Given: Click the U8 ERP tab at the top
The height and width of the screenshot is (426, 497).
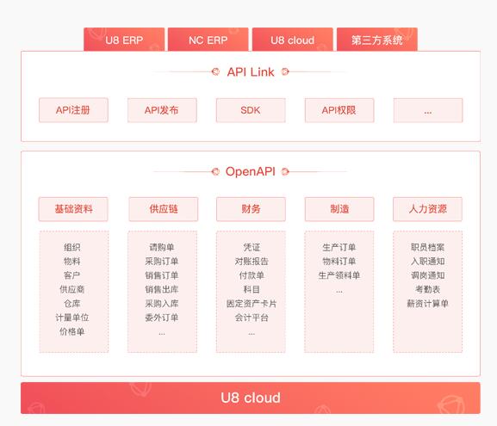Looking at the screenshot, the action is (x=124, y=40).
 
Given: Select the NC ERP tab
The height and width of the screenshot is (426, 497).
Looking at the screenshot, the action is (x=208, y=40).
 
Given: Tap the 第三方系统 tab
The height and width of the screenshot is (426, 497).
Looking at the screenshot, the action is (x=377, y=40).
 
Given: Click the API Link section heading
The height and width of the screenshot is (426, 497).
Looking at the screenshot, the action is (x=251, y=72).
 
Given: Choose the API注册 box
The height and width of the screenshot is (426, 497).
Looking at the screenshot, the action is (x=73, y=110).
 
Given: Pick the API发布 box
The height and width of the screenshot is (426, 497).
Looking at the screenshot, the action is (x=162, y=110).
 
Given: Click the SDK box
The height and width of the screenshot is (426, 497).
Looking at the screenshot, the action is (x=251, y=110).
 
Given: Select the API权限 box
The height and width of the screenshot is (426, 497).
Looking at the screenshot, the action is (x=339, y=110).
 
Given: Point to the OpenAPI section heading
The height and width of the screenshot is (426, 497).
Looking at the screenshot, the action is (x=251, y=171).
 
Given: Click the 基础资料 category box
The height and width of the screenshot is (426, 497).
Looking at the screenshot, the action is (x=73, y=209).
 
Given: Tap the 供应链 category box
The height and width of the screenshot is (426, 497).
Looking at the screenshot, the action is (x=164, y=209).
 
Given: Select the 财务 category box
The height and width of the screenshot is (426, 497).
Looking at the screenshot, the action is (x=251, y=209).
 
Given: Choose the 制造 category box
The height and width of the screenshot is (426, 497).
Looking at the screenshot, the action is (x=339, y=209).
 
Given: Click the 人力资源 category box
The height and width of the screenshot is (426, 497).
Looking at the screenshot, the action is (x=427, y=209).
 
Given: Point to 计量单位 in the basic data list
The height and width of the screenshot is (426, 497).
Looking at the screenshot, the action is (x=72, y=318).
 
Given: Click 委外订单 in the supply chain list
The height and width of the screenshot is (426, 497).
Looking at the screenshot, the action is (x=162, y=318).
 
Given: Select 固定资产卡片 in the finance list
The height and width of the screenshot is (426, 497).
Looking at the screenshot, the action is (x=252, y=304).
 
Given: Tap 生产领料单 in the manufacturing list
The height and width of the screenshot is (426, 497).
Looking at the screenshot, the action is (x=339, y=275).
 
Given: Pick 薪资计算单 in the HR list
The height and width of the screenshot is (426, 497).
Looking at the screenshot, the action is (x=427, y=304).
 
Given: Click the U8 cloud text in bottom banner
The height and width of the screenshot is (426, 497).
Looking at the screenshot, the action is (x=251, y=398).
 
